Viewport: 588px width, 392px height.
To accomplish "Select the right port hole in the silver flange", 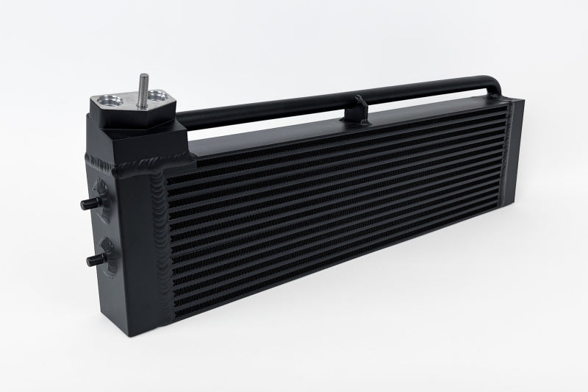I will click(157, 99).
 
